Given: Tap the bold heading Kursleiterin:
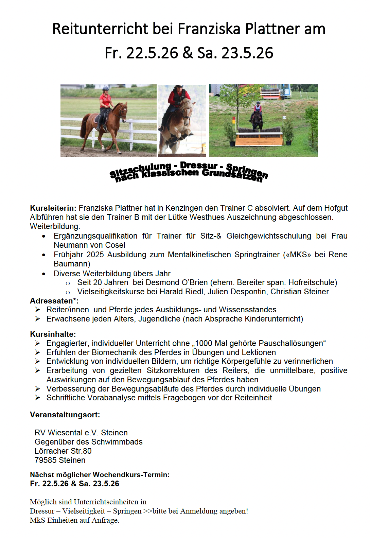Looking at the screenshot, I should [53, 208].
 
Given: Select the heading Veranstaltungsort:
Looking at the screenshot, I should [65, 415].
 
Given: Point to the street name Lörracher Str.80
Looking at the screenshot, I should [63, 451].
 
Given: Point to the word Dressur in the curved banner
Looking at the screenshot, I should [198, 166].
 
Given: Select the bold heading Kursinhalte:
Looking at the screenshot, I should [53, 334].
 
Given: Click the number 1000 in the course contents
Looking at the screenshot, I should [203, 343].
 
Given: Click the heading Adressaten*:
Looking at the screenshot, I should [54, 301].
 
